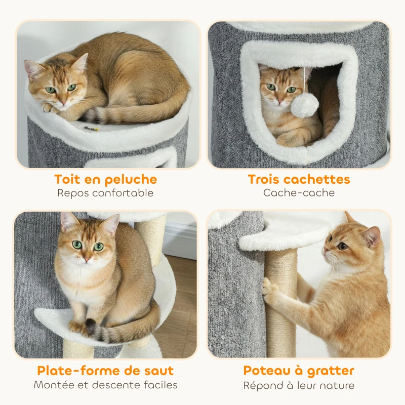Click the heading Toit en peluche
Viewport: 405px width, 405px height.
click(x=105, y=179)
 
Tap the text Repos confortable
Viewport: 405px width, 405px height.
click(x=105, y=193)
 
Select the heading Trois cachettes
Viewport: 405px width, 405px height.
click(x=299, y=179)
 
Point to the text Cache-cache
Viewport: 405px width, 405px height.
click(x=299, y=193)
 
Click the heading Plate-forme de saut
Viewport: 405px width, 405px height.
click(x=105, y=371)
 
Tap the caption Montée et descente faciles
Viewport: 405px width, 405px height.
click(x=105, y=385)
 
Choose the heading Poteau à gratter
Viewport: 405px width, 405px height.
click(x=299, y=371)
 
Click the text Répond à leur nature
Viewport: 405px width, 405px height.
click(x=299, y=385)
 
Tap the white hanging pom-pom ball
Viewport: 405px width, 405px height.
click(x=305, y=105)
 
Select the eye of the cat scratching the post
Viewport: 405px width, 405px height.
click(x=342, y=246)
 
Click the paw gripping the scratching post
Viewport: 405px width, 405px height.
click(x=270, y=291)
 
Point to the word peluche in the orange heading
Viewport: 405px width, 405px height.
click(x=133, y=179)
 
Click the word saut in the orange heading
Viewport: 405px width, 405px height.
click(x=159, y=371)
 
